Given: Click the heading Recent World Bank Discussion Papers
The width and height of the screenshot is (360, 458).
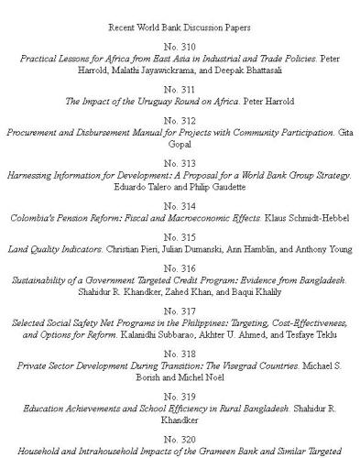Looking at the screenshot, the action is click(x=180, y=28).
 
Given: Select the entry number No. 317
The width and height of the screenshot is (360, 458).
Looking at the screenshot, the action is click(x=180, y=311).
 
